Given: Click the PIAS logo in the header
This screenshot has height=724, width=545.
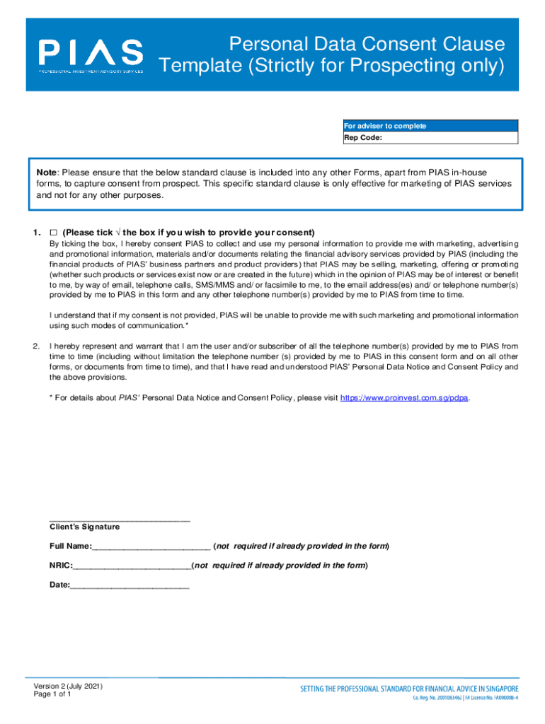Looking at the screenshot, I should (91, 55).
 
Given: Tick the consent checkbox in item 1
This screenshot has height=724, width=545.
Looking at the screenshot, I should (53, 233).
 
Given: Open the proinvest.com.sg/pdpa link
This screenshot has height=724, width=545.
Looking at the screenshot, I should (404, 398).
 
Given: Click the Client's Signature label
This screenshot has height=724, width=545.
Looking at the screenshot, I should (84, 527).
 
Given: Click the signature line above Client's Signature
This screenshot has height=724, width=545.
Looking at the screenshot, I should (119, 519).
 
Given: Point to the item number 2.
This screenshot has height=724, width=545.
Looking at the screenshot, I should (35, 346).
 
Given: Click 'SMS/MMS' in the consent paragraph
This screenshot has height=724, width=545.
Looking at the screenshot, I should (214, 284).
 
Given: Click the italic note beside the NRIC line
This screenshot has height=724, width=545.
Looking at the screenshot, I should (281, 566).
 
